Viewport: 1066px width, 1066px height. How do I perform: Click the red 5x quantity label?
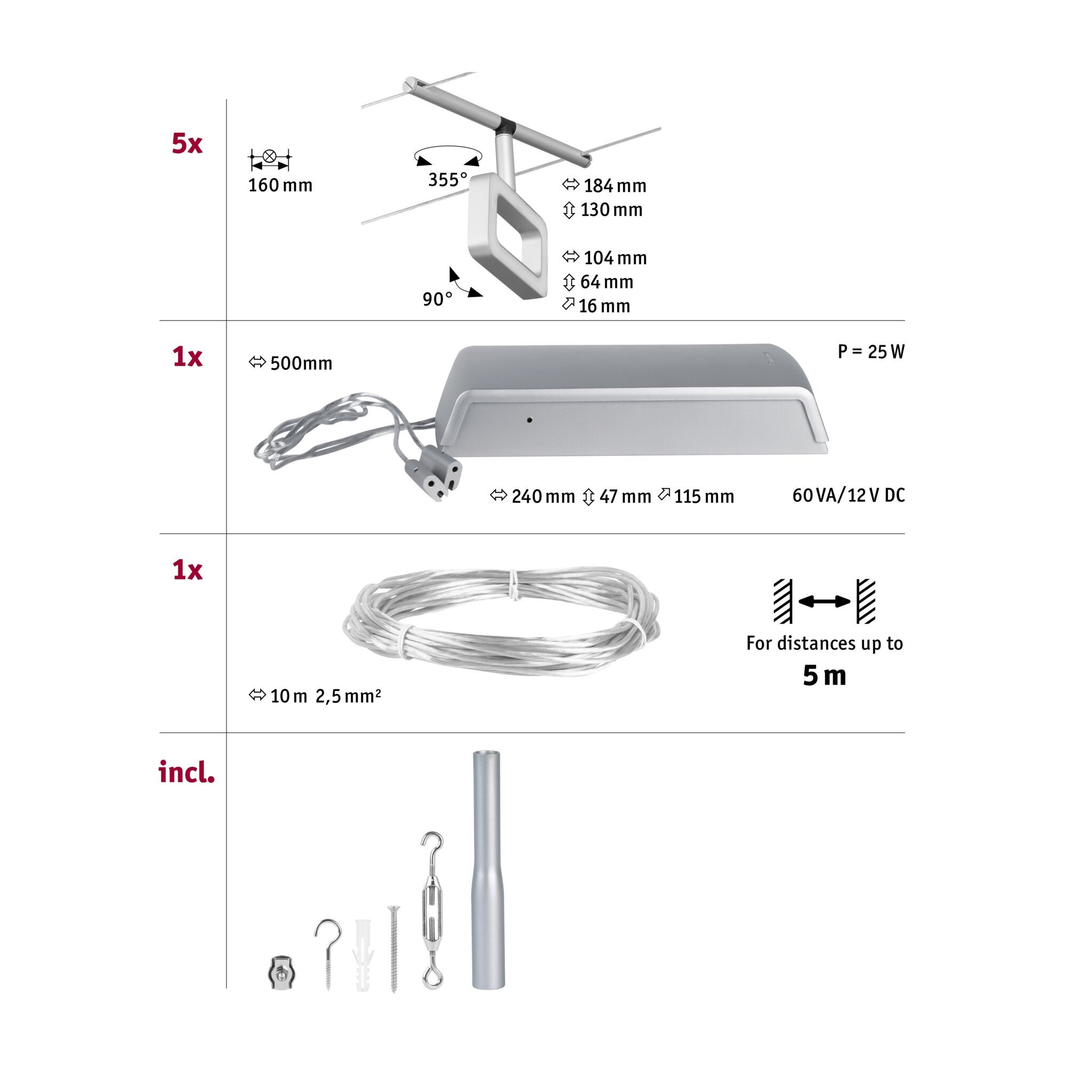[x=187, y=143]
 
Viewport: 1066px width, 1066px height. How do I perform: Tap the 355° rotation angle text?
[x=448, y=179]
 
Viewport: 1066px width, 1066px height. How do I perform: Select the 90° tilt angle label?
[x=438, y=299]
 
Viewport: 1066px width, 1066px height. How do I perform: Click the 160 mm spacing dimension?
[x=280, y=185]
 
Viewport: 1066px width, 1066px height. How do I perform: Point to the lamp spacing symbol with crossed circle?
[x=270, y=159]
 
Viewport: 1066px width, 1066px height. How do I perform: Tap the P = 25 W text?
[x=871, y=351]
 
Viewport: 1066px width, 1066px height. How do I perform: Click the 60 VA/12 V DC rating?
[x=849, y=496]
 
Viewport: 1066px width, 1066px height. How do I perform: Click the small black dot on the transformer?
[x=530, y=420]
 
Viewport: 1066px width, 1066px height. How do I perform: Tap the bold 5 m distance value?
[x=825, y=675]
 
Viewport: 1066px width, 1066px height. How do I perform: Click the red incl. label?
[x=187, y=772]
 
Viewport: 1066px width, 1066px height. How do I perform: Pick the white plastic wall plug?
[x=363, y=955]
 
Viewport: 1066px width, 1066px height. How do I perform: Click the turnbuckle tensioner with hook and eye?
[x=432, y=910]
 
